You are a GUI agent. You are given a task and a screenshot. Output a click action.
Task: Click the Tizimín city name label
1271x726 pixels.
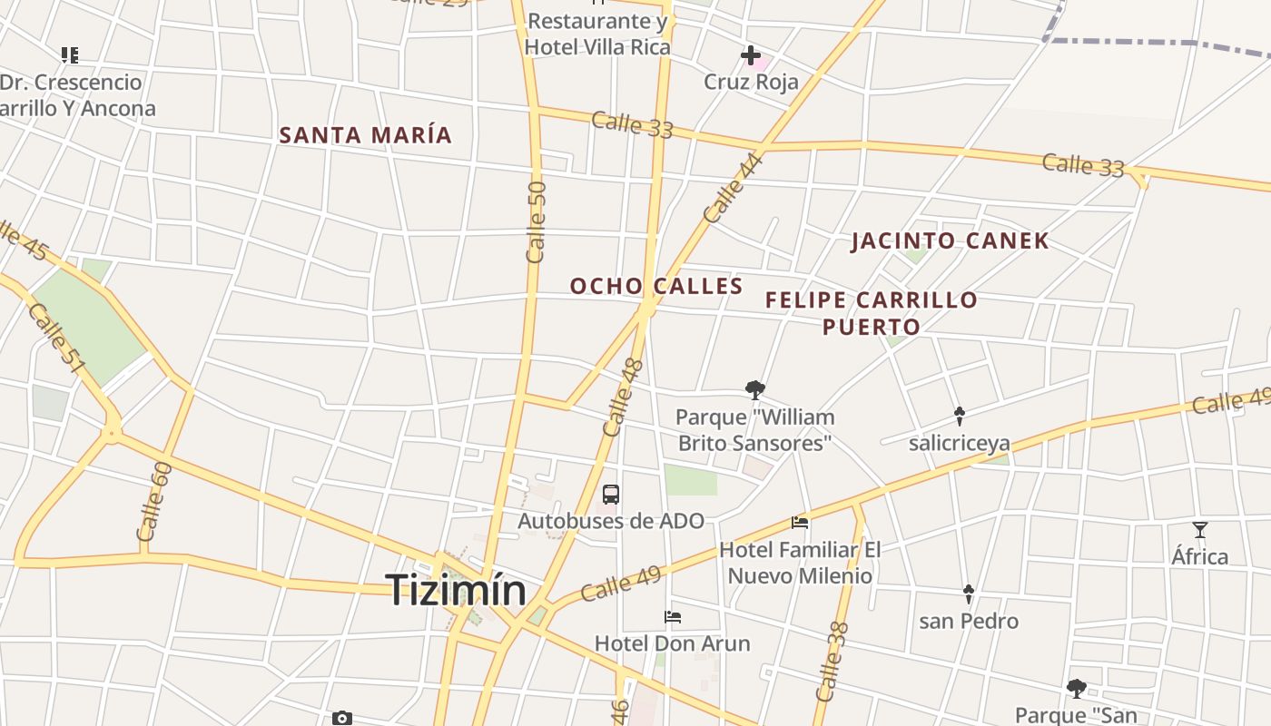458,591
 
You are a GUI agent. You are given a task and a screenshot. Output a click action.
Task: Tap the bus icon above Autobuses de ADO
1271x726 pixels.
611,495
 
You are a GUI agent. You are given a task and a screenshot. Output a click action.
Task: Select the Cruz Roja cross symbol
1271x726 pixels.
751,56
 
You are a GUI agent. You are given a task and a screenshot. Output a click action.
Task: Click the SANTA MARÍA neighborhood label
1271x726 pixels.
365,135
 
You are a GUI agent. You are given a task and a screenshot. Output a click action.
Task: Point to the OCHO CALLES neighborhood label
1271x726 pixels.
656,286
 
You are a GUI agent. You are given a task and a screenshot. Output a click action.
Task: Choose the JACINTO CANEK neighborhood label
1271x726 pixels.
950,240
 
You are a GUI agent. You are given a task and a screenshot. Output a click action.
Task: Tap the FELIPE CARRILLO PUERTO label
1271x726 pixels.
872,312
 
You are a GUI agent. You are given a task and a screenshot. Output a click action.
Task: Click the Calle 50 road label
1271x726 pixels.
537,222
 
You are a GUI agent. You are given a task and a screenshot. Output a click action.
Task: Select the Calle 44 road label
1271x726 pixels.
733,189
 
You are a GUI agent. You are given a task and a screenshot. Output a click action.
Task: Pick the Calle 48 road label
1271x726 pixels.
623,397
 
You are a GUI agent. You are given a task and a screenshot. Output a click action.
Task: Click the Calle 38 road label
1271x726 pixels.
832,662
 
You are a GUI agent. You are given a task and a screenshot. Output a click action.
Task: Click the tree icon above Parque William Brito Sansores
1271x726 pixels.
754,390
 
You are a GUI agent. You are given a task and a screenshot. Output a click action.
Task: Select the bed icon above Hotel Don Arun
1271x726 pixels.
673,617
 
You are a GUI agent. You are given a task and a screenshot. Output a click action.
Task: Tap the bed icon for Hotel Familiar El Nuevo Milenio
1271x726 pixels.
800,523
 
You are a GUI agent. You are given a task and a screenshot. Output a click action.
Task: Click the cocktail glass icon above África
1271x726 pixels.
1200,530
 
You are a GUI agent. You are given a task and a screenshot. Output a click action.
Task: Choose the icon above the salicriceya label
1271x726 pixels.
959,416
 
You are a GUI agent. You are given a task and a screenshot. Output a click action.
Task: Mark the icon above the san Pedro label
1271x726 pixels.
968,594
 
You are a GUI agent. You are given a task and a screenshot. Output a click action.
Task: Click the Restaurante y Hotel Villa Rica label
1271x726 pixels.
597,34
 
